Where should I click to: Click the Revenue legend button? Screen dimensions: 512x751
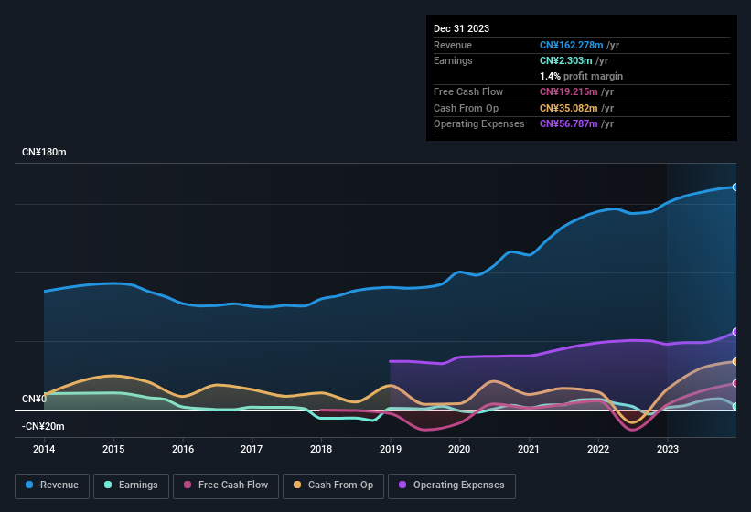53,485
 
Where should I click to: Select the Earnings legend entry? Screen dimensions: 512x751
131,485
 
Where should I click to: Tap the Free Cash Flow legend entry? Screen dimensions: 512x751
226,485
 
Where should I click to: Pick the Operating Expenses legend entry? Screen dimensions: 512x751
451,485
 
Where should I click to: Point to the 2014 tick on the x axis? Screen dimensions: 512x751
44,449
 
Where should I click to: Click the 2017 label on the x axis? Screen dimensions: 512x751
252,449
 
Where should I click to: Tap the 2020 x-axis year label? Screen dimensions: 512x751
459,449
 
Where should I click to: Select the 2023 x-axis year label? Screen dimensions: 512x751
667,449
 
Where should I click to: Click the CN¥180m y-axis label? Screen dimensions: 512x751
44,152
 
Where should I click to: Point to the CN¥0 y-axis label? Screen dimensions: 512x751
34,399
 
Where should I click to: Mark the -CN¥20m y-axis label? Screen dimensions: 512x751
43,426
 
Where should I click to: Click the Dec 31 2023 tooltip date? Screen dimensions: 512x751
461,28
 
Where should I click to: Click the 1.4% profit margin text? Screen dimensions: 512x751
581,76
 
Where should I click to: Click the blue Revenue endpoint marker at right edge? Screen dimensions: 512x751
735,187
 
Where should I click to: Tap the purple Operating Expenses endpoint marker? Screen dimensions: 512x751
735,332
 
